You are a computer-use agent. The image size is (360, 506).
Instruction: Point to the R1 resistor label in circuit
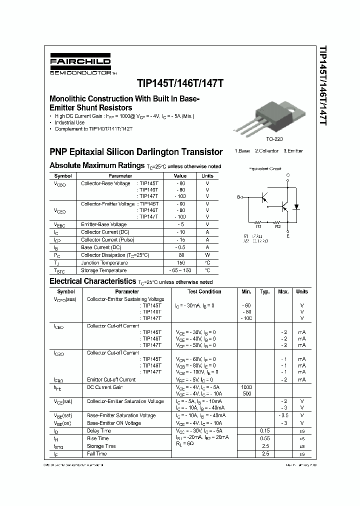click(x=258, y=226)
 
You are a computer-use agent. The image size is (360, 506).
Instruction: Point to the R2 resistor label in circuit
click(x=278, y=226)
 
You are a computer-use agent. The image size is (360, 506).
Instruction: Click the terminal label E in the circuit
click(x=287, y=235)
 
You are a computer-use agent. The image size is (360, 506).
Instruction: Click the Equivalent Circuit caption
click(x=265, y=169)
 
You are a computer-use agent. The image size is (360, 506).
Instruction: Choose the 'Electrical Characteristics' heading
click(x=92, y=281)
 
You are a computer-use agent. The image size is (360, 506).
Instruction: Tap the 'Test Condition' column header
click(x=204, y=291)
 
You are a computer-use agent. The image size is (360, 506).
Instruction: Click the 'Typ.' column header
click(x=265, y=291)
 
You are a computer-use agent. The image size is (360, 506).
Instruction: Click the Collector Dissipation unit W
click(x=207, y=255)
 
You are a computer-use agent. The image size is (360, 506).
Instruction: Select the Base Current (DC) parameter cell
click(x=101, y=247)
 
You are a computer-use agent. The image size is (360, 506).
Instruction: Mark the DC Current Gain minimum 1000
click(x=246, y=387)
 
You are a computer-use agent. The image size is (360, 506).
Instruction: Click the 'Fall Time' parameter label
click(x=97, y=453)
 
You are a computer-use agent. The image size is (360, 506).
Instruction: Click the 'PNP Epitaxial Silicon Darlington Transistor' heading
click(x=136, y=151)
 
